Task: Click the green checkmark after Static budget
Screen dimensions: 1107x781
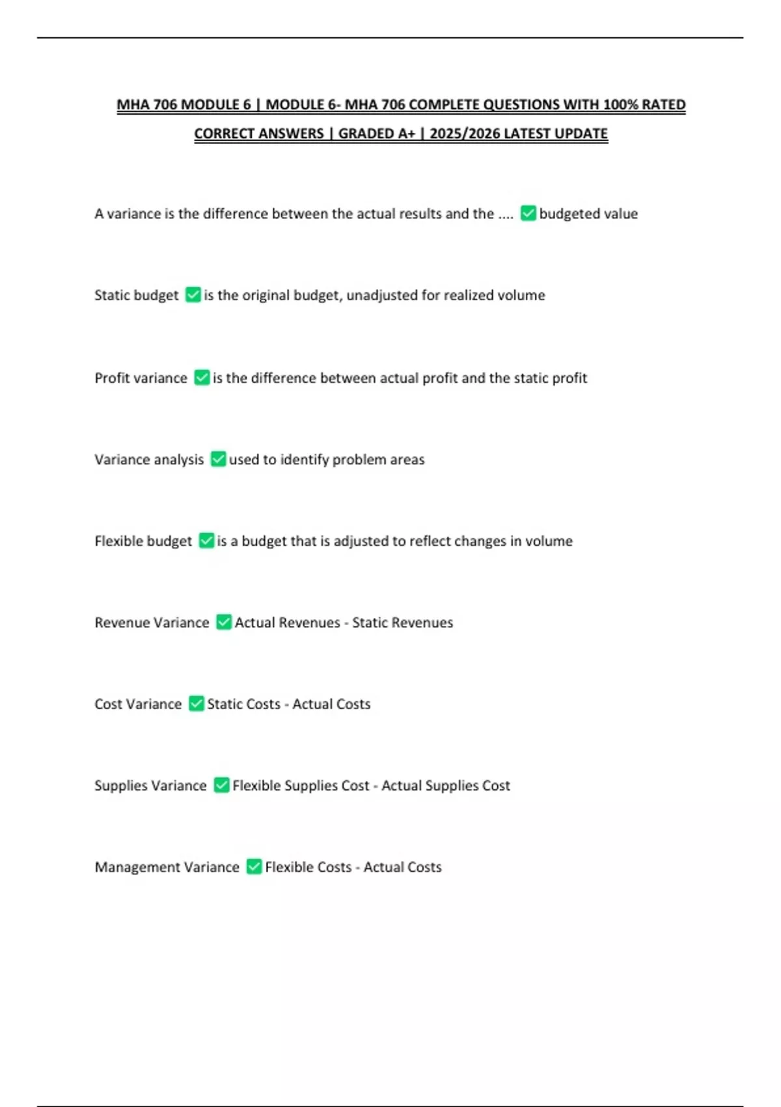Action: pos(193,295)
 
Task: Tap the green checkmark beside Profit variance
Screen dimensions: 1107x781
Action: pos(202,378)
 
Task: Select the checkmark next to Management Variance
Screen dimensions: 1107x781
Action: pos(254,867)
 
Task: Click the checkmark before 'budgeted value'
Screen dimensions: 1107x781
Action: pos(528,214)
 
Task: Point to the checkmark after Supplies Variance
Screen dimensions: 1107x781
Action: pos(221,785)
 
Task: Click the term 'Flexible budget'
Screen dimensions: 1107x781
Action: pos(143,541)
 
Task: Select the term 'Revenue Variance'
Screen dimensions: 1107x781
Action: pos(152,623)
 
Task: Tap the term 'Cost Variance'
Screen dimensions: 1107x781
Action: pos(138,704)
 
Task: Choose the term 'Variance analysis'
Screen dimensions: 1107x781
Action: pos(149,460)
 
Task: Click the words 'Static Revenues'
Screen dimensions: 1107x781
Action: pos(402,623)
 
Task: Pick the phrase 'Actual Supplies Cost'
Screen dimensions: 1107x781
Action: pos(445,785)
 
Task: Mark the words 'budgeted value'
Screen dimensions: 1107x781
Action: pos(588,214)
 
